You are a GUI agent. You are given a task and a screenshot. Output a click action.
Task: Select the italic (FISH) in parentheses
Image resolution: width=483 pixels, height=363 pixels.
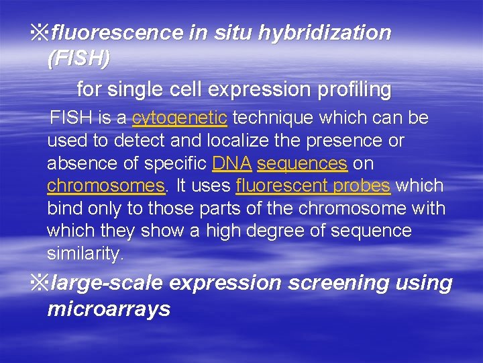[78, 58]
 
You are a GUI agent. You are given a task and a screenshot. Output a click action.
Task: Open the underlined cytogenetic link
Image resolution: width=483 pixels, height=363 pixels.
[180, 118]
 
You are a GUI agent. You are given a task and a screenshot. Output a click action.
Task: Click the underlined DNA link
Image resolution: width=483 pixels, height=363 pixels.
[231, 163]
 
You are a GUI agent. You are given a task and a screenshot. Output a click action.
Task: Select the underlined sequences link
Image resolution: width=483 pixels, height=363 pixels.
[302, 163]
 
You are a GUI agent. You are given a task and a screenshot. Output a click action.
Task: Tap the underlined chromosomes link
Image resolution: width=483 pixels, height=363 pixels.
[105, 186]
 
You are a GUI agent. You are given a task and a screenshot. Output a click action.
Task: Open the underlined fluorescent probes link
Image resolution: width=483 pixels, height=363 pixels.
[313, 186]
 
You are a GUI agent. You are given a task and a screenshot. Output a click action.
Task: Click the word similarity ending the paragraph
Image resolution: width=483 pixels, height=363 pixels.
[85, 254]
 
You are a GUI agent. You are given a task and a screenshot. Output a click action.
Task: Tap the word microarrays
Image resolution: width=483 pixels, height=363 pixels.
[109, 309]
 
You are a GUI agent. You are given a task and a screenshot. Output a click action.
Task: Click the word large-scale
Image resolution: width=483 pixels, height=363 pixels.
[107, 283]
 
